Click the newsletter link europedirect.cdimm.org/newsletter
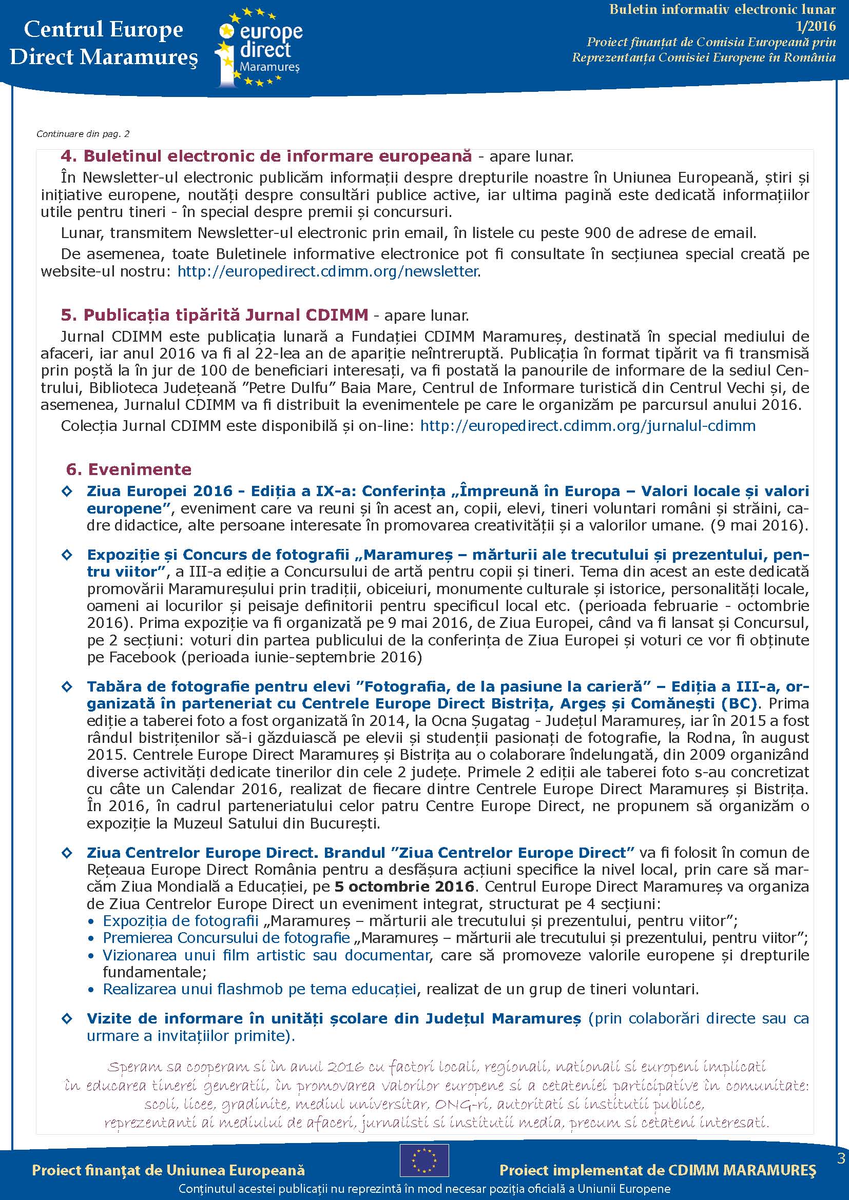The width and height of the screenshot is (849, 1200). tap(328, 271)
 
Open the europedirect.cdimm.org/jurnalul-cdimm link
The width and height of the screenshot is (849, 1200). tap(588, 426)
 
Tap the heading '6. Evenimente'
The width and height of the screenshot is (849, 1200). tap(129, 469)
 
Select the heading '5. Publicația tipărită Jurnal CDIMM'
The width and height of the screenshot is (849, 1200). tap(215, 315)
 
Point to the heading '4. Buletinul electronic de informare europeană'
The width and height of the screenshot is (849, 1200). tap(266, 156)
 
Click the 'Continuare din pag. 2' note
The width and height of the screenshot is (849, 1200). tap(83, 134)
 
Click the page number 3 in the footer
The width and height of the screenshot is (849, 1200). tap(841, 1158)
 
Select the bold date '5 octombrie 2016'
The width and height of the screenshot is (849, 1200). tap(404, 887)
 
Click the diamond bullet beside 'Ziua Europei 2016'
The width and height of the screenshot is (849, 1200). tap(67, 491)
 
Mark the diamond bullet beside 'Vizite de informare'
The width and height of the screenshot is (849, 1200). tap(67, 1019)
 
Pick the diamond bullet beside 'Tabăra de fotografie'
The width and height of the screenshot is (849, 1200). tap(67, 686)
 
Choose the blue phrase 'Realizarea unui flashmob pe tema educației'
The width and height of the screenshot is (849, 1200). tap(259, 989)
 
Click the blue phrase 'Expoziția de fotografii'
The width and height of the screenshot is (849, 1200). tap(180, 921)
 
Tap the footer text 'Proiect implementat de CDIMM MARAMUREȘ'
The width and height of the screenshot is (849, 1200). tap(657, 1170)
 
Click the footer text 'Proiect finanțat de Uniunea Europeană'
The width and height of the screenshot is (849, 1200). tap(168, 1170)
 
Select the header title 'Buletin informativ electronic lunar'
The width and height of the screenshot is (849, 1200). tap(722, 9)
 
